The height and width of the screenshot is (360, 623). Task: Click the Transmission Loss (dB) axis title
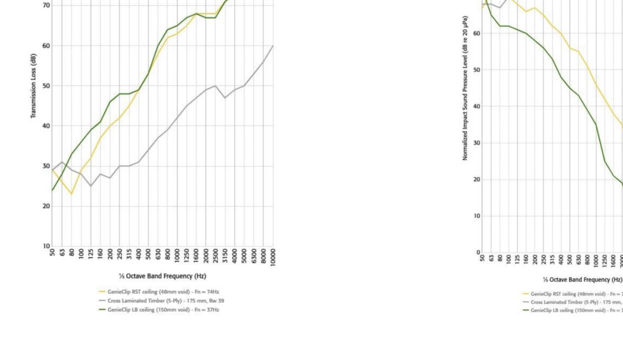click(x=33, y=86)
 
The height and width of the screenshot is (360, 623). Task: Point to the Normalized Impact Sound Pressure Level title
click(x=465, y=88)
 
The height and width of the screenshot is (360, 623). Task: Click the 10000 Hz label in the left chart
click(x=273, y=257)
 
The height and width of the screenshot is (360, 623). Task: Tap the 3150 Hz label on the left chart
click(x=225, y=256)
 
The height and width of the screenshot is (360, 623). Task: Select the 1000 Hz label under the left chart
click(x=177, y=256)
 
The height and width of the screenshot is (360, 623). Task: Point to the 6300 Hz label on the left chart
click(x=254, y=256)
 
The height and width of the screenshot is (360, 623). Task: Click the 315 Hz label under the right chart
click(x=552, y=259)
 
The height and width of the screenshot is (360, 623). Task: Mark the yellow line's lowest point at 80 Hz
click(x=71, y=194)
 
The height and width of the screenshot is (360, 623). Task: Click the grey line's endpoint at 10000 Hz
click(x=273, y=46)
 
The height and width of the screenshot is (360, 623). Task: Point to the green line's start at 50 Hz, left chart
click(x=52, y=190)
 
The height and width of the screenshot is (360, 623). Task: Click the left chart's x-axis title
click(x=162, y=276)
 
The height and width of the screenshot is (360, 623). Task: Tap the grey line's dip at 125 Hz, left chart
click(x=91, y=186)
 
